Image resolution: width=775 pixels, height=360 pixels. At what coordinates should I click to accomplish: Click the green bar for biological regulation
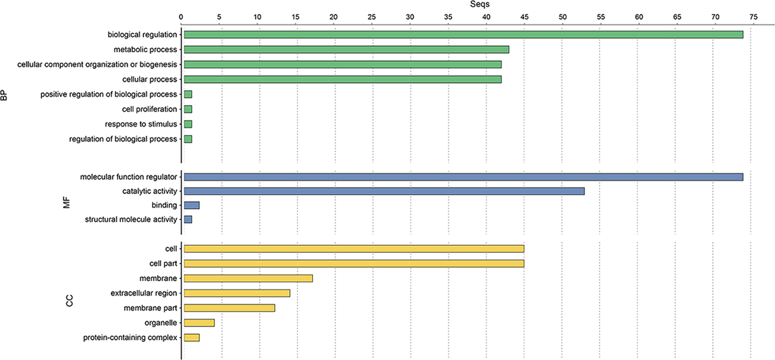(x=463, y=34)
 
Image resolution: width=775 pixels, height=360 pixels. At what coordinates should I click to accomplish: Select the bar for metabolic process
(x=346, y=49)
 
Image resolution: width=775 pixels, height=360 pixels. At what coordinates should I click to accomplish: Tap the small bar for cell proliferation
(x=188, y=109)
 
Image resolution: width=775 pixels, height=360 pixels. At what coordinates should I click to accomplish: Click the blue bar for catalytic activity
(x=384, y=191)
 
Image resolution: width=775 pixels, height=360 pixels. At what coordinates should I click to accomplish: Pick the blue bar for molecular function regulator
(x=463, y=177)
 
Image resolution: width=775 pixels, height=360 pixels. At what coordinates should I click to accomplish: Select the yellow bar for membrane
(x=248, y=278)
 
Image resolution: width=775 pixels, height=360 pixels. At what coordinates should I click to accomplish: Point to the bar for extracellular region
(x=237, y=293)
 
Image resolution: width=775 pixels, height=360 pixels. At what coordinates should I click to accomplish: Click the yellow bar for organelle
(x=199, y=323)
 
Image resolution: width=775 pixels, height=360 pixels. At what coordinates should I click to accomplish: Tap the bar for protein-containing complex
(x=192, y=337)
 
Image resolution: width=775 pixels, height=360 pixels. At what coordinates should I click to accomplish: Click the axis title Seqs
(x=480, y=4)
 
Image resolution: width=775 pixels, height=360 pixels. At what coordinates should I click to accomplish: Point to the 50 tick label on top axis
(x=563, y=17)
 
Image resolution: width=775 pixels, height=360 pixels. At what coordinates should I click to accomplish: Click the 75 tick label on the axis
(x=753, y=17)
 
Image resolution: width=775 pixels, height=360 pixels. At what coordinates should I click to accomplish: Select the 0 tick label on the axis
(x=181, y=17)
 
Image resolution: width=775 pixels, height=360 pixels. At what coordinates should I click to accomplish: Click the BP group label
(x=4, y=96)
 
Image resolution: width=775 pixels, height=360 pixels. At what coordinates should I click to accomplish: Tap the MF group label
(x=66, y=203)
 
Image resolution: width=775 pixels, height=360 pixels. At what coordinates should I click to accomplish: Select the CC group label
(x=70, y=301)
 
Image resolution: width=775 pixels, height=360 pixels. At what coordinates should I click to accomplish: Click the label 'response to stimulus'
(x=141, y=124)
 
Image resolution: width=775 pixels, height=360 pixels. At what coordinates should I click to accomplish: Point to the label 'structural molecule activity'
(x=131, y=220)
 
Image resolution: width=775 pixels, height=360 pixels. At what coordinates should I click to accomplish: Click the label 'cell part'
(x=163, y=264)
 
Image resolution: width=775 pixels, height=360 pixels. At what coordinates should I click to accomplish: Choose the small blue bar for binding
(x=192, y=205)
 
